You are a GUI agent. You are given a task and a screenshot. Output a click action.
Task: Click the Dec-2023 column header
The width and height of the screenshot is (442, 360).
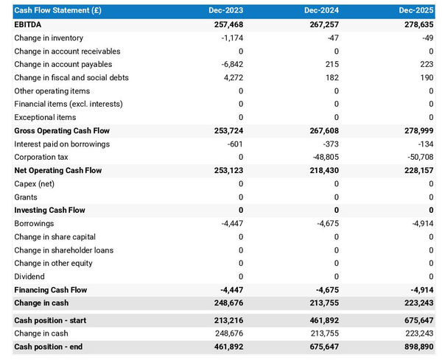(x=227, y=11)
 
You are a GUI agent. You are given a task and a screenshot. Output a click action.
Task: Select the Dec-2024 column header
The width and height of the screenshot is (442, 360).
(x=322, y=11)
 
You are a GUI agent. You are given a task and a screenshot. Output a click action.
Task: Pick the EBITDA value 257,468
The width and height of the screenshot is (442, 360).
(x=225, y=24)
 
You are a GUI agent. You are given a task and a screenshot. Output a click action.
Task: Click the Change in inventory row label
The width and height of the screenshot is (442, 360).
(x=49, y=38)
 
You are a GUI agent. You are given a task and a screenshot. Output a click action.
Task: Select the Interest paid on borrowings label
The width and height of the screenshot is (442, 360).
(x=62, y=144)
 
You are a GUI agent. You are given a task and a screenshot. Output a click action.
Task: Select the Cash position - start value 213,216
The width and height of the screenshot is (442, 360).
(x=225, y=320)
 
